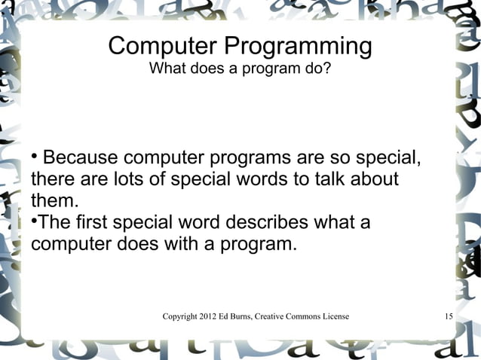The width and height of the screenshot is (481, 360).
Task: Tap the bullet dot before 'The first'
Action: (34, 222)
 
